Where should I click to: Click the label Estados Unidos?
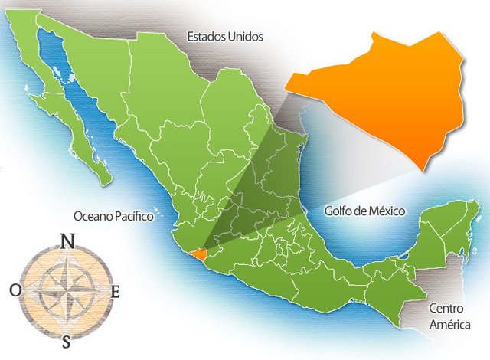[224, 36]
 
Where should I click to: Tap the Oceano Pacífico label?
[114, 217]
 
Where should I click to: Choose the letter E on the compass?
[116, 291]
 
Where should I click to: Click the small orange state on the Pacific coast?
[200, 256]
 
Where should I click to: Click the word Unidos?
[244, 36]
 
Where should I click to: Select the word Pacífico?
[135, 217]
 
